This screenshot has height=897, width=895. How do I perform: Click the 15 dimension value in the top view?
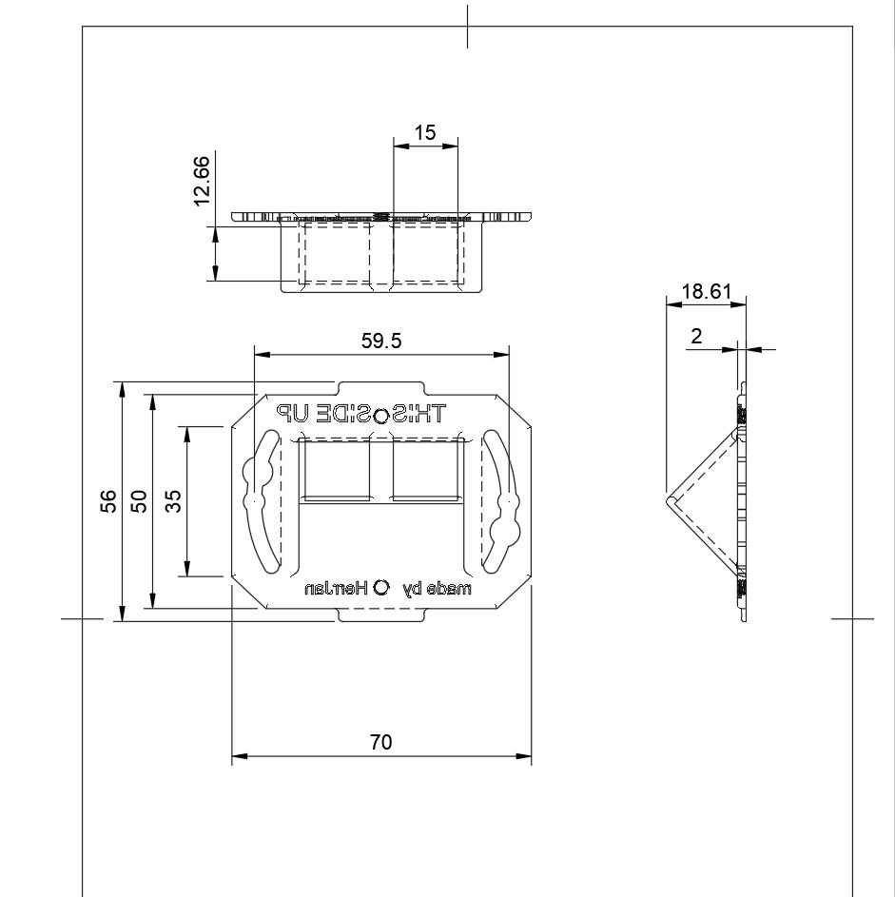[x=425, y=132]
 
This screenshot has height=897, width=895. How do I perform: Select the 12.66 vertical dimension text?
[x=202, y=181]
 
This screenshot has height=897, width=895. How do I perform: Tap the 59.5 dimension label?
[x=379, y=341]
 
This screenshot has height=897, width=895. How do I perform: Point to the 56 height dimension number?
[x=108, y=501]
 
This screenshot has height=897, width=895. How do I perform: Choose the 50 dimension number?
[x=139, y=501]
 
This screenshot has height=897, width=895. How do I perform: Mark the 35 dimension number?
[x=173, y=501]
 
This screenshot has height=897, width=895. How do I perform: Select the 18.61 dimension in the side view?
[x=706, y=292]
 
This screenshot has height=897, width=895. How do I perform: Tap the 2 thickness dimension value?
[x=696, y=336]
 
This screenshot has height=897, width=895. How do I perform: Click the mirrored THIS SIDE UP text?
[x=361, y=414]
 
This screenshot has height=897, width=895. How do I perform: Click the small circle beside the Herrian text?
[x=381, y=587]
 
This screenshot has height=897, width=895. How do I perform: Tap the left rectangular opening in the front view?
[x=335, y=469]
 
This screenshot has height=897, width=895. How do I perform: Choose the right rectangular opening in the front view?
[x=426, y=469]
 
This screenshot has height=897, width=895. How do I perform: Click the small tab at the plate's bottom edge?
[x=380, y=616]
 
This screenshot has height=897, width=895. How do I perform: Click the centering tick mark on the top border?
[x=466, y=26]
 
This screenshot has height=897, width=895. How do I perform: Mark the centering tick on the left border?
[x=82, y=618]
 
